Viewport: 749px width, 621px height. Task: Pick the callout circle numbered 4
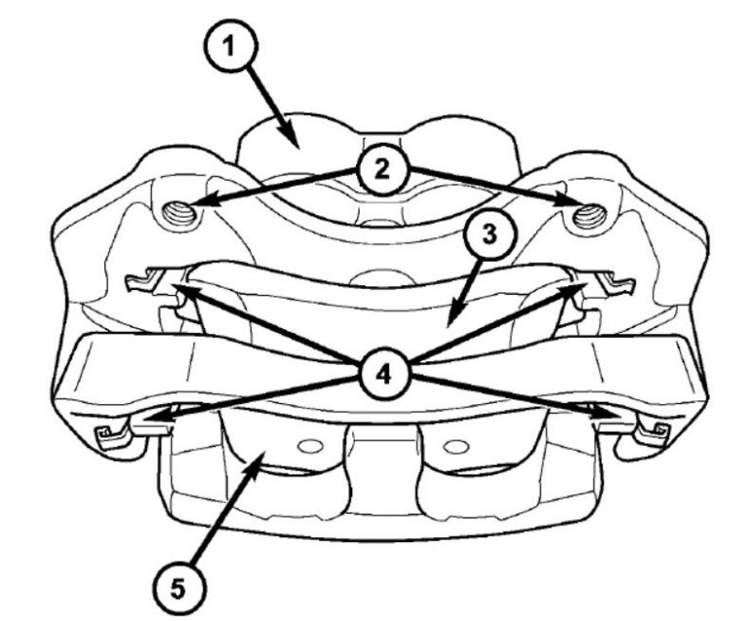pos(381,372)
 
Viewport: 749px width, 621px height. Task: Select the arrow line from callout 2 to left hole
pos(273,189)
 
